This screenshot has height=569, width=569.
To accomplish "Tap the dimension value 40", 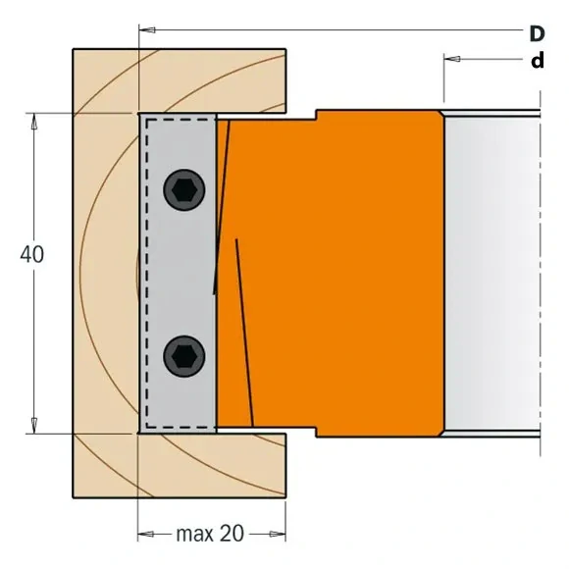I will tap(31, 253).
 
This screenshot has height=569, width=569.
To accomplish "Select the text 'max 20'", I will tap(210, 535).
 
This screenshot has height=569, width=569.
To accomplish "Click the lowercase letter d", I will tap(537, 61).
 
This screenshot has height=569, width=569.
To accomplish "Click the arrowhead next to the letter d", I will tap(451, 60).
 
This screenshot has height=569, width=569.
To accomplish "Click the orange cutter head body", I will tap(343, 275).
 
